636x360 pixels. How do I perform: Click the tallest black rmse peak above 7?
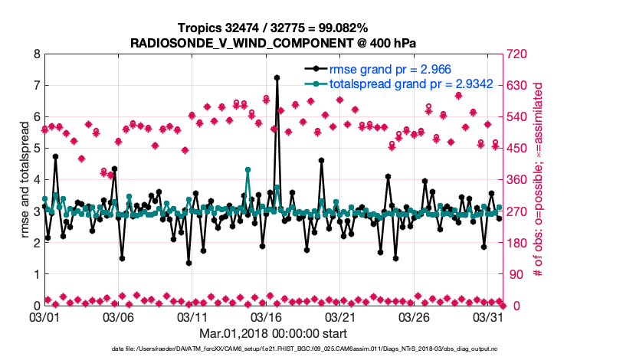click(x=277, y=77)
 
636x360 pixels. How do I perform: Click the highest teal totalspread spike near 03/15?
click(x=248, y=169)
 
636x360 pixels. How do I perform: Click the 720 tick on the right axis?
click(x=516, y=55)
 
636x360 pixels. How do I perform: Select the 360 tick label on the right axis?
click(x=516, y=180)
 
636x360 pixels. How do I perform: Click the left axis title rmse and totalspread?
click(x=25, y=180)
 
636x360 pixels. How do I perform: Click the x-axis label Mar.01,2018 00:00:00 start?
click(x=273, y=333)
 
